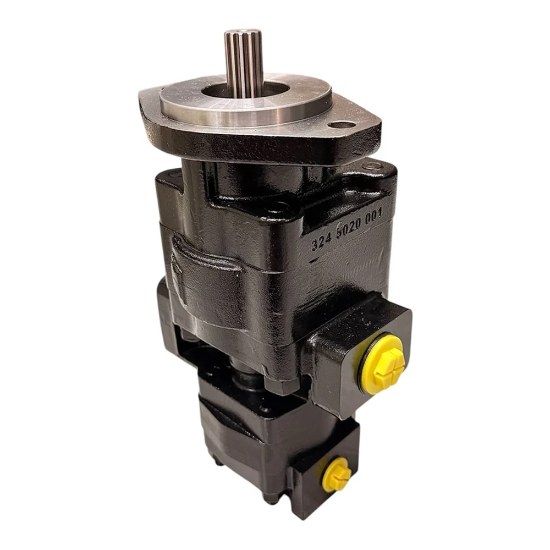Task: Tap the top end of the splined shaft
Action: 239,30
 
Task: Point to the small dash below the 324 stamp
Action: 313,260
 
